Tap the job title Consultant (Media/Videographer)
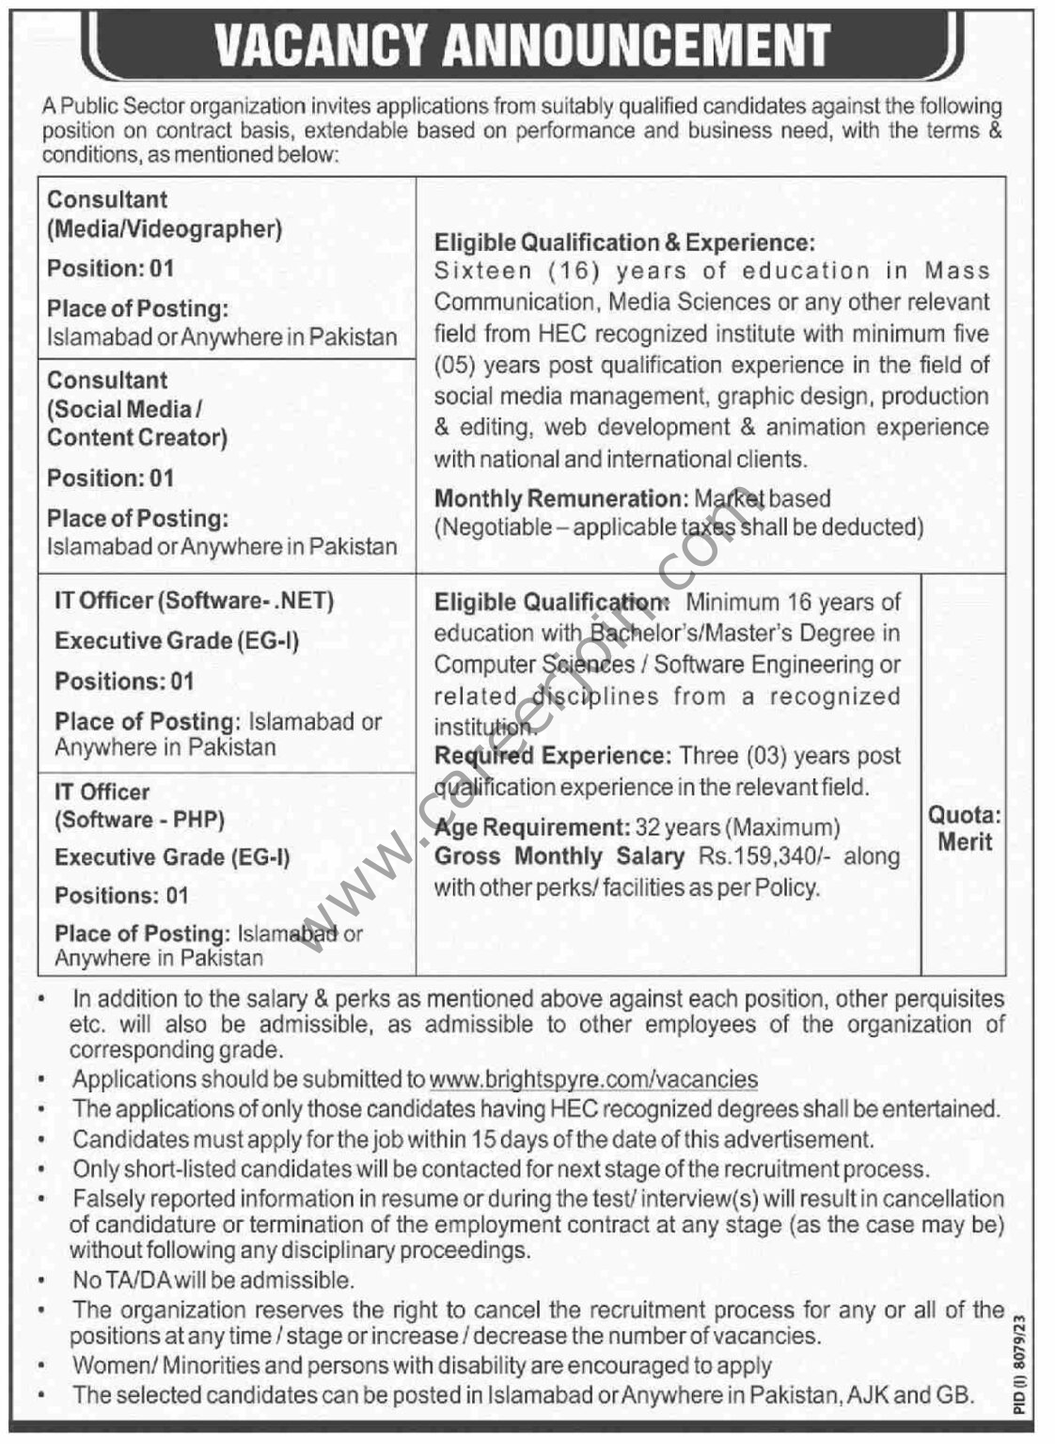click(165, 214)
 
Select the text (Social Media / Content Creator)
click(137, 423)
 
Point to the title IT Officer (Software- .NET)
click(195, 601)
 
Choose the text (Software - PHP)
click(139, 820)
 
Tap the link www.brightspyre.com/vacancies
click(593, 1079)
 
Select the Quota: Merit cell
click(964, 828)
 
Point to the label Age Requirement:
click(531, 827)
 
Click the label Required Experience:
click(551, 756)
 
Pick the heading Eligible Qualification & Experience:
click(624, 243)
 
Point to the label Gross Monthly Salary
click(559, 856)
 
